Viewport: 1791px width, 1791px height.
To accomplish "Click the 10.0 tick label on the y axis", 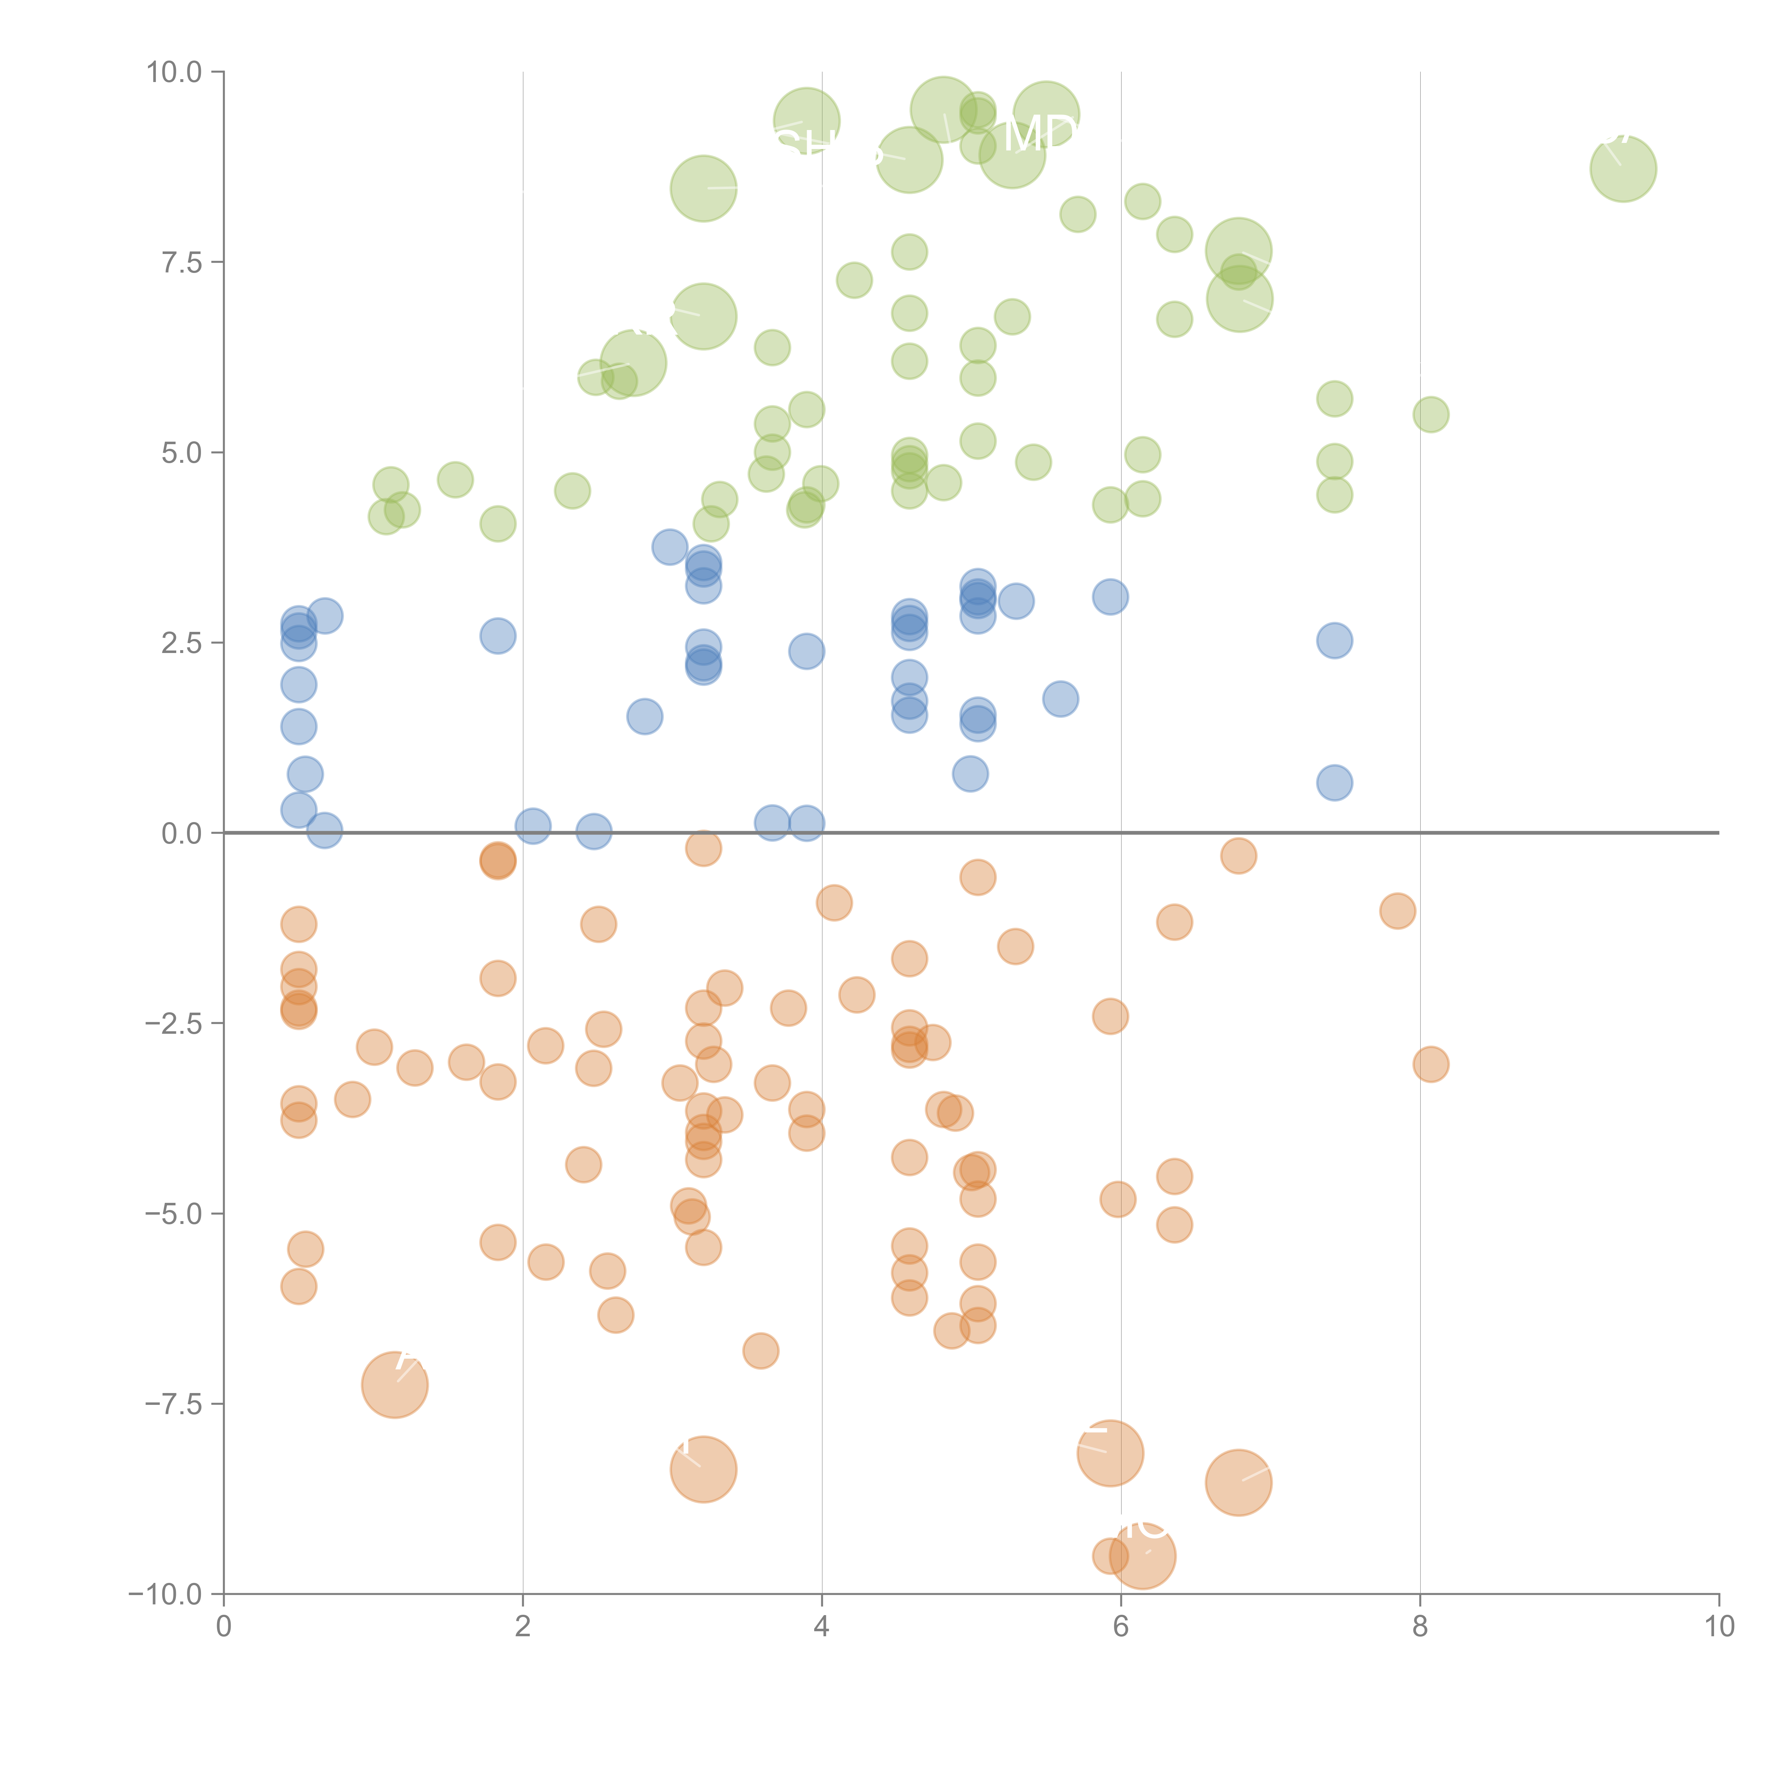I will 174,72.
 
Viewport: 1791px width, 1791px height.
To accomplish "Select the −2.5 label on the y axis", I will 173,1023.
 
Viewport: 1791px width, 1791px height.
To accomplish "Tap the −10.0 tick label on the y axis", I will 166,1594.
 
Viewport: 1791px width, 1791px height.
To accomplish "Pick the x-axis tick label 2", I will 523,1627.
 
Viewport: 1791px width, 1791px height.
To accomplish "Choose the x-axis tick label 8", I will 1420,1627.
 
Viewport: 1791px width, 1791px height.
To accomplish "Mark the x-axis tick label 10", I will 1719,1627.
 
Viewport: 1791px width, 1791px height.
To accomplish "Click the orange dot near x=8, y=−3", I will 1430,1064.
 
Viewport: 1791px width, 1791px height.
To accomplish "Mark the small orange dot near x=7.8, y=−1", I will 1397,911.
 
